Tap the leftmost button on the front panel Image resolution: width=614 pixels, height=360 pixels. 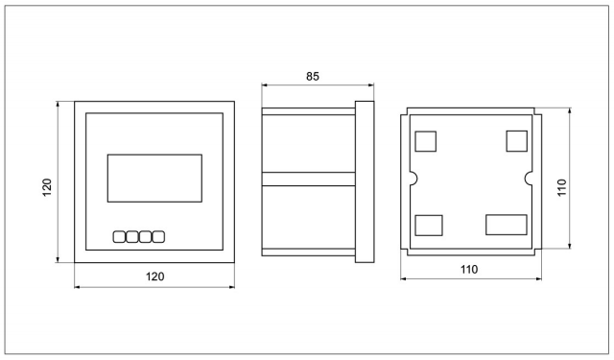(x=119, y=237)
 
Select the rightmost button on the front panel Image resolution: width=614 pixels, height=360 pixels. (x=158, y=237)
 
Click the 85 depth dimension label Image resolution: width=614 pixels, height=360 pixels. (x=313, y=77)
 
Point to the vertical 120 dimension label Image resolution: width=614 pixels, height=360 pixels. (x=47, y=187)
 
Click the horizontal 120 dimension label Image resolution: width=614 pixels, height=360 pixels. (x=155, y=276)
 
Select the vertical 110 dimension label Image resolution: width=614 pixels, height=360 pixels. (x=562, y=187)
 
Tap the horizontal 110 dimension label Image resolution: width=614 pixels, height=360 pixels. (x=469, y=270)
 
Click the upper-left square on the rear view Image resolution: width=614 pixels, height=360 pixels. (x=426, y=141)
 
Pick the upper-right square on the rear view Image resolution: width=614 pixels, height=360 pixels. (x=516, y=141)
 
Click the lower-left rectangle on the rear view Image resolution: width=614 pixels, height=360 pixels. (x=429, y=226)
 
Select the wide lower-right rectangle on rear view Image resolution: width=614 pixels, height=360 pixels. (x=507, y=225)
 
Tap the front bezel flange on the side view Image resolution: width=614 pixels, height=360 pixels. (x=365, y=181)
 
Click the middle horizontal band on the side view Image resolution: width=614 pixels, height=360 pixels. (x=309, y=179)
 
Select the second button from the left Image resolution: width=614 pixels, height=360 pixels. (x=132, y=237)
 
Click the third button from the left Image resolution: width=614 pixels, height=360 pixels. (x=145, y=237)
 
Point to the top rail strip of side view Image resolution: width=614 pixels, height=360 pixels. (x=309, y=111)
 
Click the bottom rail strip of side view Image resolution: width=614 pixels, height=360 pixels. (x=309, y=252)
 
